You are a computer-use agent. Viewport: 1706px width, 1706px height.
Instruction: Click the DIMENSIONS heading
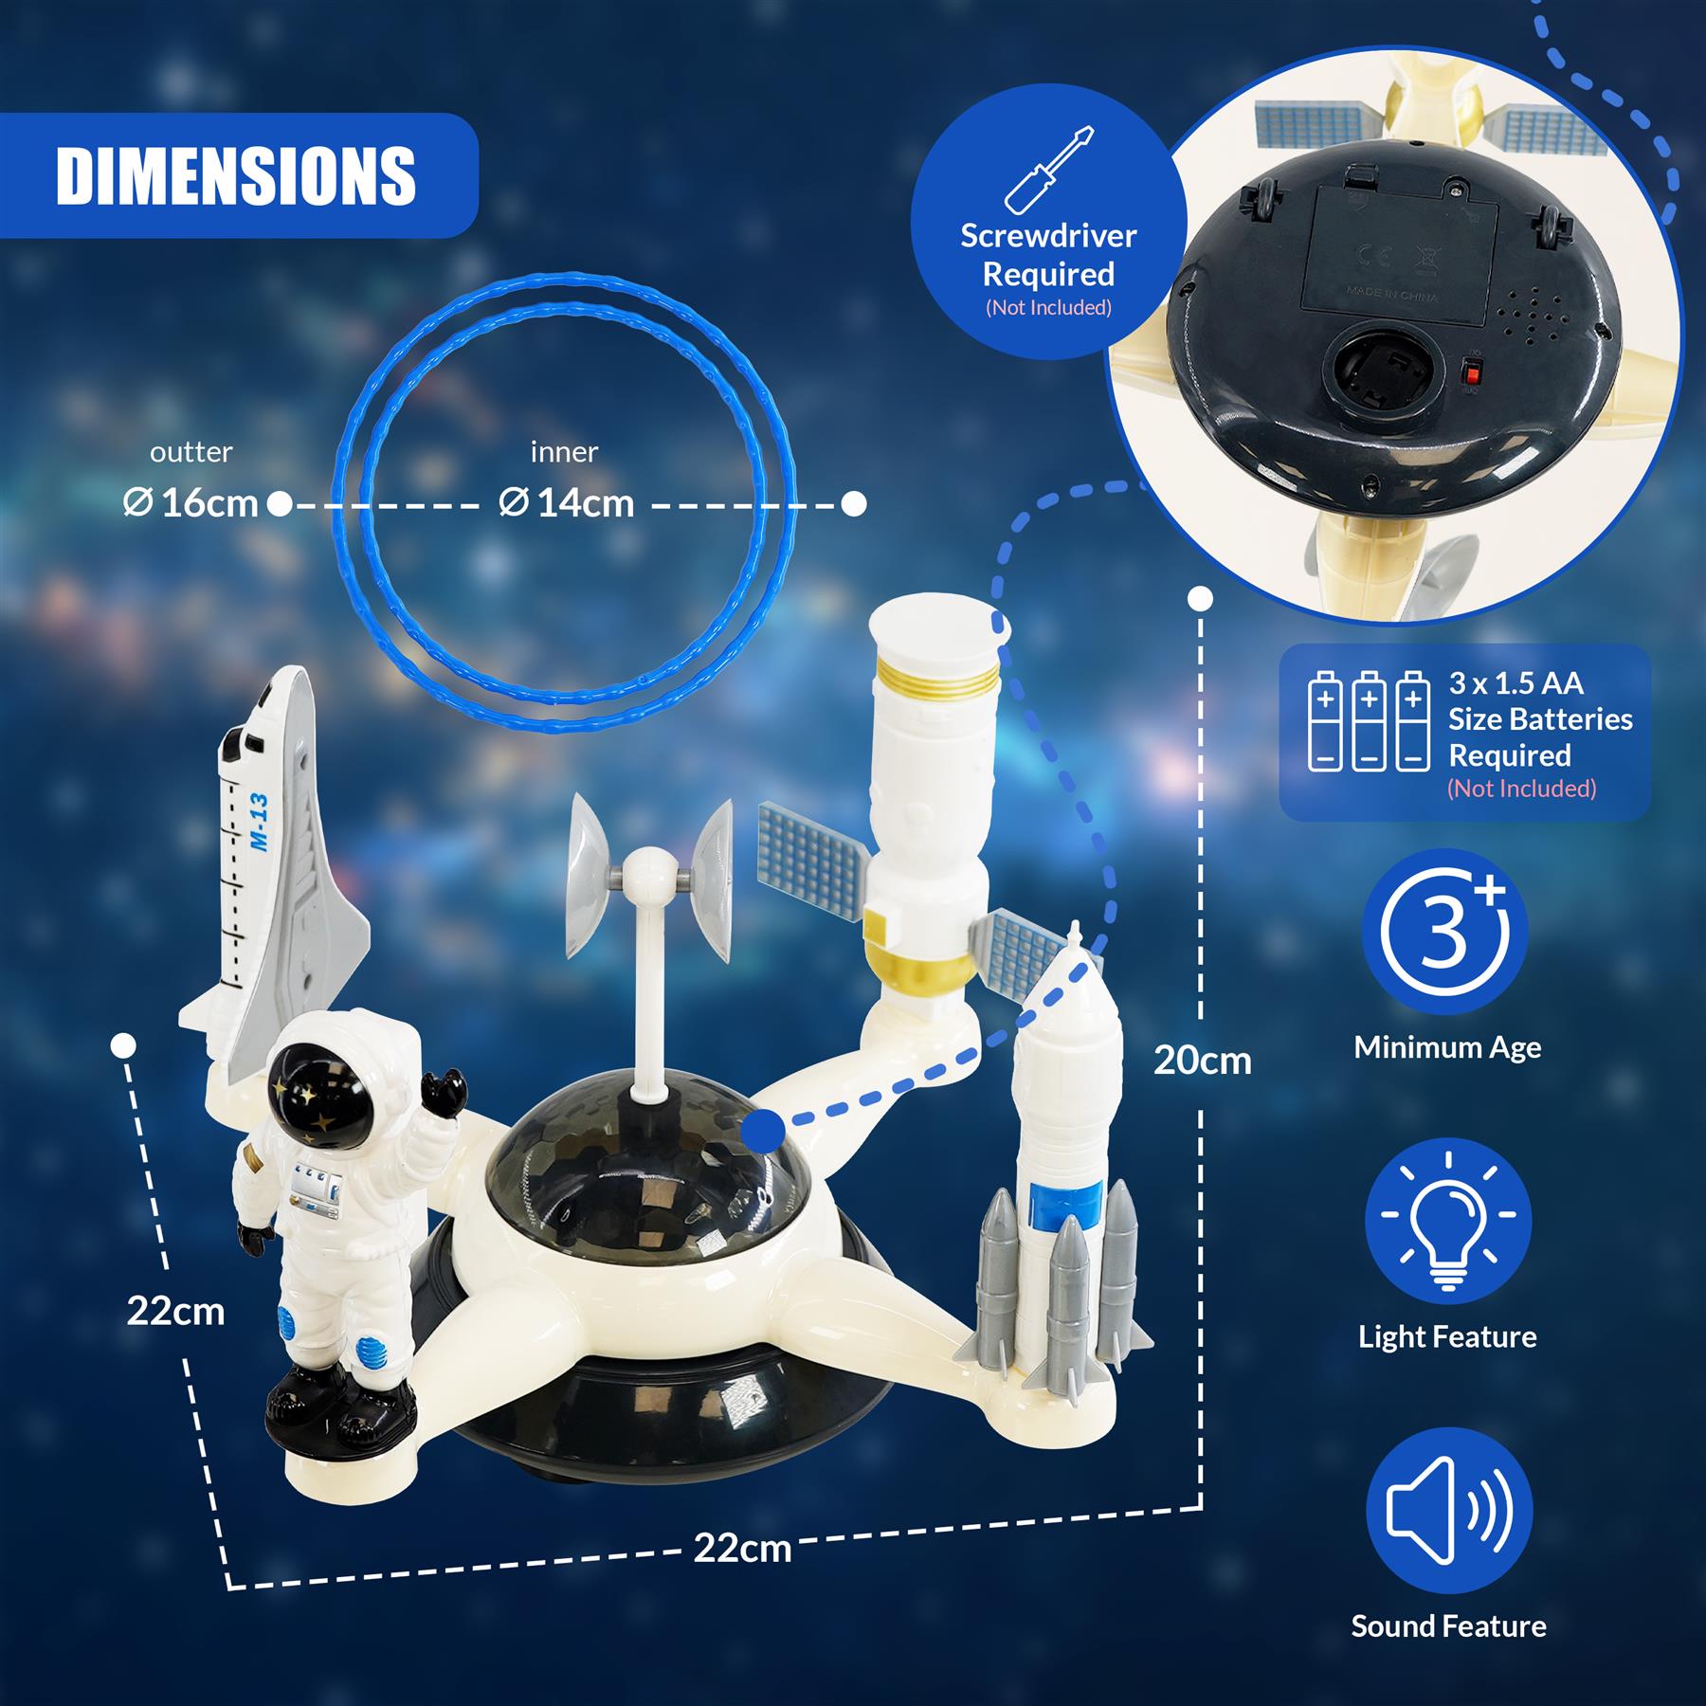click(236, 175)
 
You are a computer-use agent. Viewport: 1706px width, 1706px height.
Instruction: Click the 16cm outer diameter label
click(191, 503)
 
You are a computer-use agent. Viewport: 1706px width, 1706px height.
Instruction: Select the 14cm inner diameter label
click(567, 503)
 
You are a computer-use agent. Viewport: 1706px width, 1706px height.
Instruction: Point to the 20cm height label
click(1202, 1060)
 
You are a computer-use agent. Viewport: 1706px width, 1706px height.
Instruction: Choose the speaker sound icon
click(1447, 1511)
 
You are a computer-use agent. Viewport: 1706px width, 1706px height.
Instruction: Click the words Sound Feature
click(1447, 1626)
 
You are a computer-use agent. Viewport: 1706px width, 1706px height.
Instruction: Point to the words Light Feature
click(1447, 1337)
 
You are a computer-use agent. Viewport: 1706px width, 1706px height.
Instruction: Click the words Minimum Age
click(1447, 1047)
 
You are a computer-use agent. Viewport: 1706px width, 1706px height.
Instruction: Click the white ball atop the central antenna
click(649, 864)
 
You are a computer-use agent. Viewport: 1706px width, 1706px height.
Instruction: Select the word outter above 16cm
click(191, 452)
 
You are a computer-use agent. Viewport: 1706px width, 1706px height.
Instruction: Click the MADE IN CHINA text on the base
click(1391, 296)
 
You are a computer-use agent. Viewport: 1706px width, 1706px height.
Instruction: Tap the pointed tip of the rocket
click(1075, 929)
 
